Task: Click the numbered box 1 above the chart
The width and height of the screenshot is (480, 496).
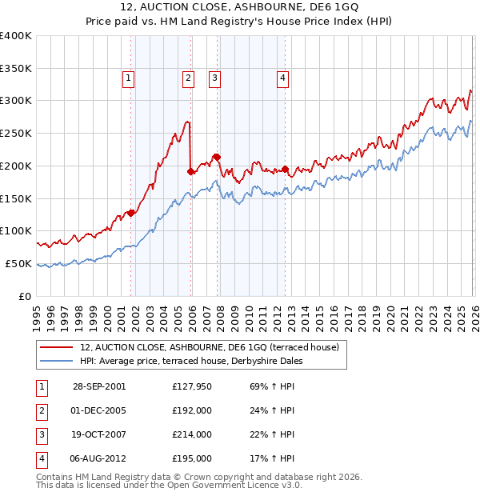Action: click(x=129, y=78)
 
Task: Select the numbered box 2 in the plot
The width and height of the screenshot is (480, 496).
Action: click(x=188, y=78)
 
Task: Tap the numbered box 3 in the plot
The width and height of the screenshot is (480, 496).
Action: click(x=215, y=78)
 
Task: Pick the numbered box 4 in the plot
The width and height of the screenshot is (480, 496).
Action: click(x=283, y=78)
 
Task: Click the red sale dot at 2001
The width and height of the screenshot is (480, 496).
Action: click(x=131, y=213)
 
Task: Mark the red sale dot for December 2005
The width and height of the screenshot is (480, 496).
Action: click(x=190, y=170)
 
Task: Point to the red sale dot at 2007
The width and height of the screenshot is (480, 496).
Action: click(x=217, y=157)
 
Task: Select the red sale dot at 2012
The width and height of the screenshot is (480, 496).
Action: click(x=286, y=170)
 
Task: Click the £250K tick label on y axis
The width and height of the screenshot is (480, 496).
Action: click(x=15, y=133)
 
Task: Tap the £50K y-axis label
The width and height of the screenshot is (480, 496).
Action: click(x=18, y=263)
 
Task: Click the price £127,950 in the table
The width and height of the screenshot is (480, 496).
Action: click(x=192, y=386)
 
